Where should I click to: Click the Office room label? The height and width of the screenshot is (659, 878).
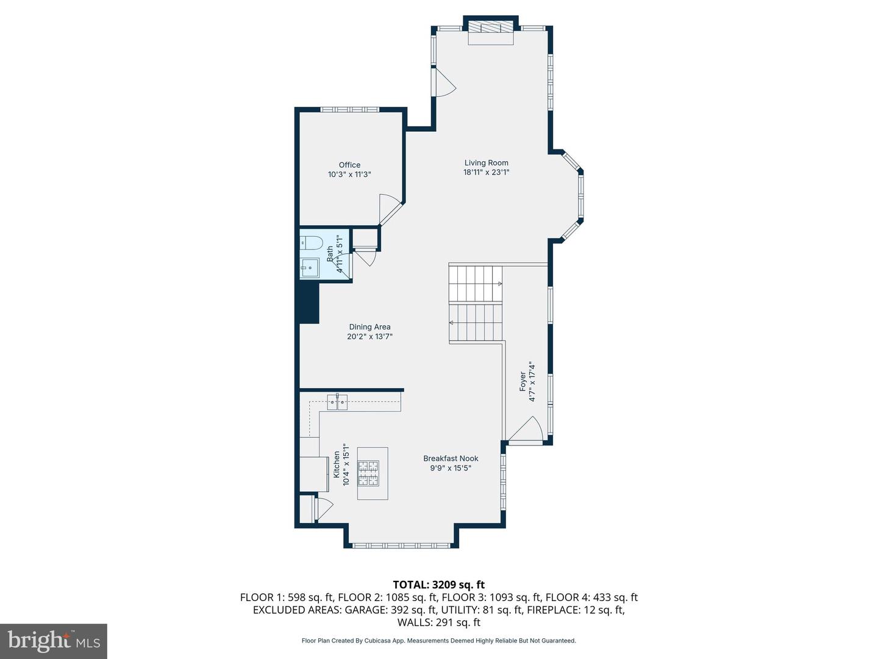pos(349,165)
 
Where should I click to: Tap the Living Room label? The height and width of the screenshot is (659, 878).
pos(486,163)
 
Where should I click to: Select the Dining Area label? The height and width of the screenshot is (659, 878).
pos(369,327)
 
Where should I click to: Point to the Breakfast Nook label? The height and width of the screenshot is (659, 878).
pos(451,458)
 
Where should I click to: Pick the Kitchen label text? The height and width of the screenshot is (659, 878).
pos(336,464)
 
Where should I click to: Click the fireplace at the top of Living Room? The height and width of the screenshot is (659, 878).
pos(491,29)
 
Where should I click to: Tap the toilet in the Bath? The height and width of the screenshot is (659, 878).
pos(311,243)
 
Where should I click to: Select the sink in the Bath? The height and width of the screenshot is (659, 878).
pos(310,267)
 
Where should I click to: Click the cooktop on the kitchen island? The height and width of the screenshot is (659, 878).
pos(368,473)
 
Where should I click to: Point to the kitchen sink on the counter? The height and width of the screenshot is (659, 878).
pos(337,402)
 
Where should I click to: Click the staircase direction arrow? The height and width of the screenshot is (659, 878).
pos(499,284)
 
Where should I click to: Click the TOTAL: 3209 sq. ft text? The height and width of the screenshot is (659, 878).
pos(438,585)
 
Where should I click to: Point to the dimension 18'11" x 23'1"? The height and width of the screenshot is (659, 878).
pos(486,173)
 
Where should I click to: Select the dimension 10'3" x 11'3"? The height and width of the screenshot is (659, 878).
pos(349,175)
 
